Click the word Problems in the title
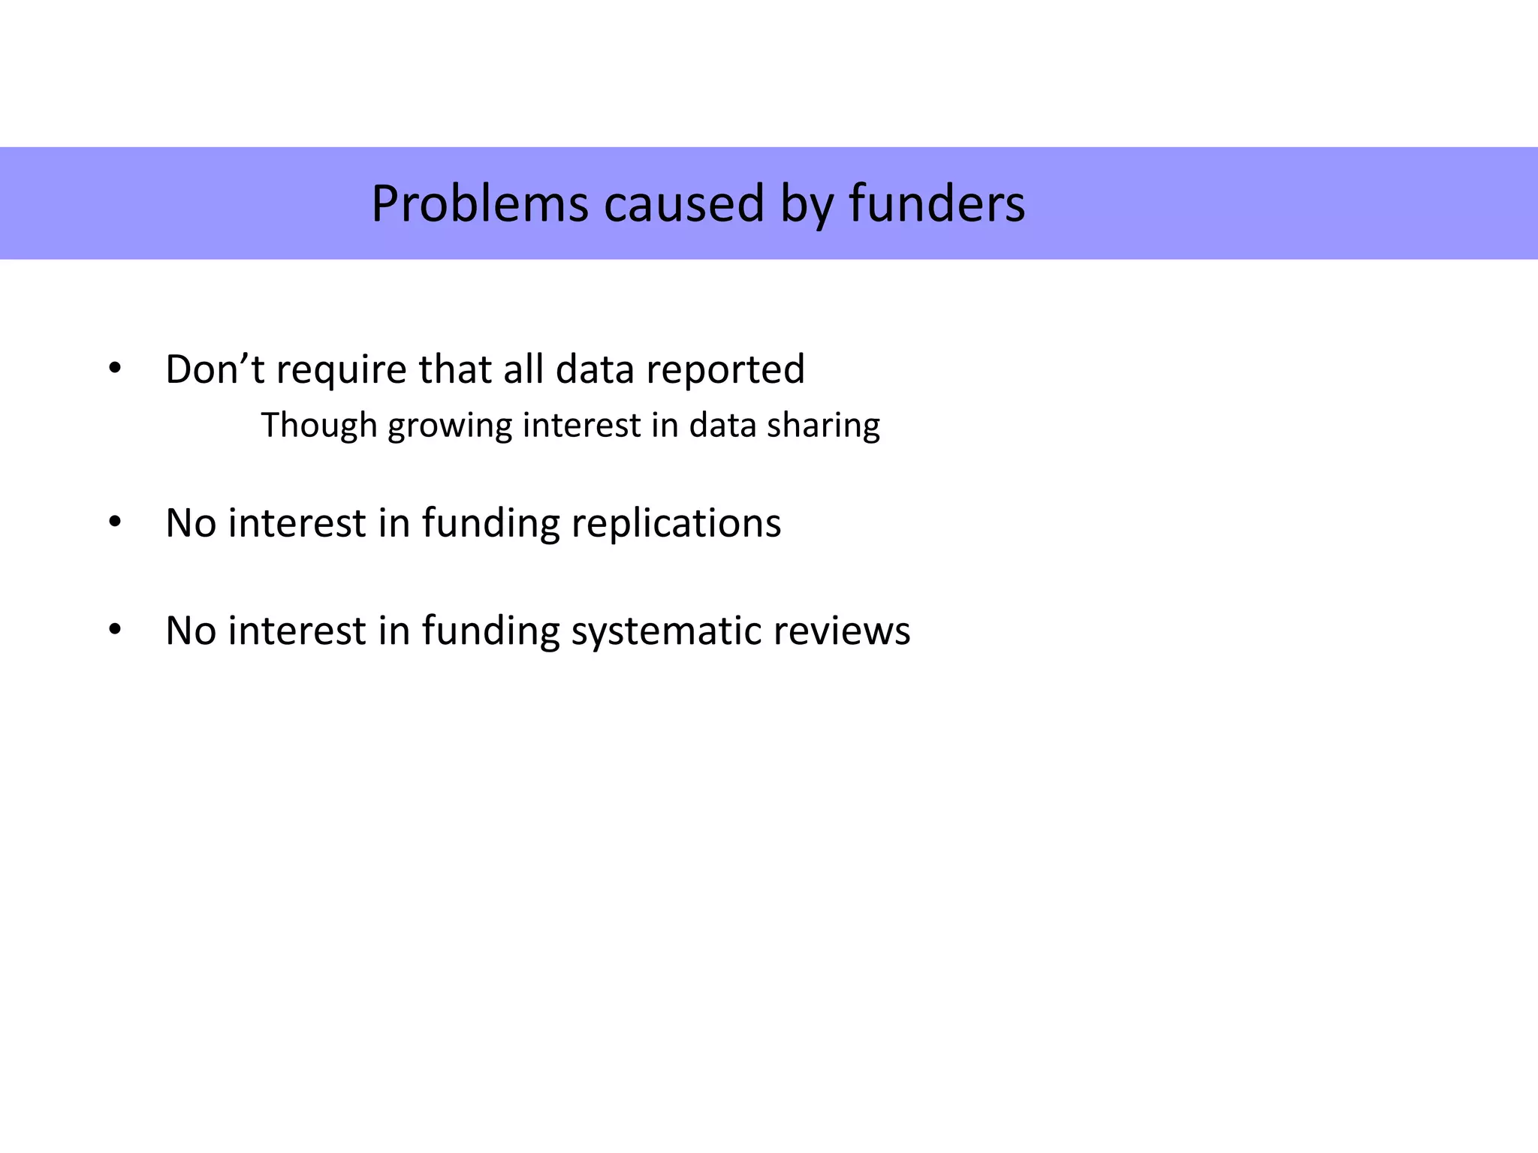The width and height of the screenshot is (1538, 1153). coord(480,204)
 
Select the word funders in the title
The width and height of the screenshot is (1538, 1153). coord(936,204)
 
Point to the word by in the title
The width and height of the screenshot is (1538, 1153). coord(806,204)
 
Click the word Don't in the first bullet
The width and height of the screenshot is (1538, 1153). coord(215,369)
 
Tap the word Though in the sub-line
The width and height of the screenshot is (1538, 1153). coord(318,426)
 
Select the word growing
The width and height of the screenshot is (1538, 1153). coord(450,426)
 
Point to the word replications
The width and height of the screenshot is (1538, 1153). coord(676,523)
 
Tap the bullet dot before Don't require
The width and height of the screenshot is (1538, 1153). coord(114,369)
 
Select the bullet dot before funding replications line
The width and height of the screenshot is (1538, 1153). coord(114,522)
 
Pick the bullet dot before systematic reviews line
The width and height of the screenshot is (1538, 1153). coord(114,630)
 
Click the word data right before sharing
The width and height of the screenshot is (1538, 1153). coord(722,426)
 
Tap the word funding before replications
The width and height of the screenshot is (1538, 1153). coord(490,523)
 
